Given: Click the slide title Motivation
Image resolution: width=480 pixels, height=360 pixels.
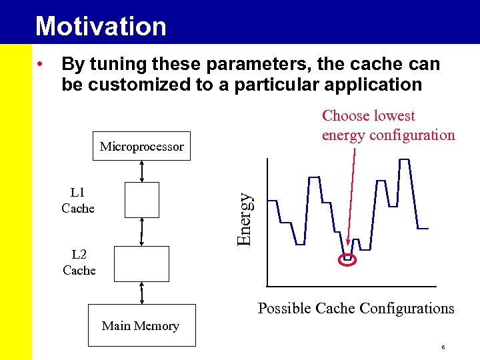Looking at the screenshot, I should point(101,26).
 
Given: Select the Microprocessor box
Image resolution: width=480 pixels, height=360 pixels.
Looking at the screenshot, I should point(141,147).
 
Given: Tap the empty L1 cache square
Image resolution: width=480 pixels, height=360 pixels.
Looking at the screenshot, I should point(141,200).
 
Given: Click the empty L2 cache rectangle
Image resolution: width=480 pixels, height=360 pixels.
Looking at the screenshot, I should point(141,263).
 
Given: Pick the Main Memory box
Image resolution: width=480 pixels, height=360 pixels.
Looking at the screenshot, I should point(141,325).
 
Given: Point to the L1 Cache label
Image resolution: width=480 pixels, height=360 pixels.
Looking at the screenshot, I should point(78,201).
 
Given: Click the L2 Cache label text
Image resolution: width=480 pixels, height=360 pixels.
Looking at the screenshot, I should point(79,262).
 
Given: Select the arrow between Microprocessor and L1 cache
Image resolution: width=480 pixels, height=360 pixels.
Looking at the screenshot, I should point(142,171).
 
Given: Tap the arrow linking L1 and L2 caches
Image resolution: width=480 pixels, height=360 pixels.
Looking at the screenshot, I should point(142,232).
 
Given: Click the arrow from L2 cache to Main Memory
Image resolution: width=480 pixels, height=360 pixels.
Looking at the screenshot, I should point(142,293).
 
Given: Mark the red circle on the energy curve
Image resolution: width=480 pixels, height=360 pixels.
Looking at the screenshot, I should point(348,259).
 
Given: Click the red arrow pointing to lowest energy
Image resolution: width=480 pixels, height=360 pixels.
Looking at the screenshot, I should point(351,200).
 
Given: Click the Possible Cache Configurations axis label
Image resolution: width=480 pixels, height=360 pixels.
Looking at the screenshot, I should point(356,308).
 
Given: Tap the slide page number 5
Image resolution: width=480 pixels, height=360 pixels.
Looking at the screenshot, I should point(443,348).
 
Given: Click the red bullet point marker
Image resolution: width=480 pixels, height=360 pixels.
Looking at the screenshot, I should point(41,65).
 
